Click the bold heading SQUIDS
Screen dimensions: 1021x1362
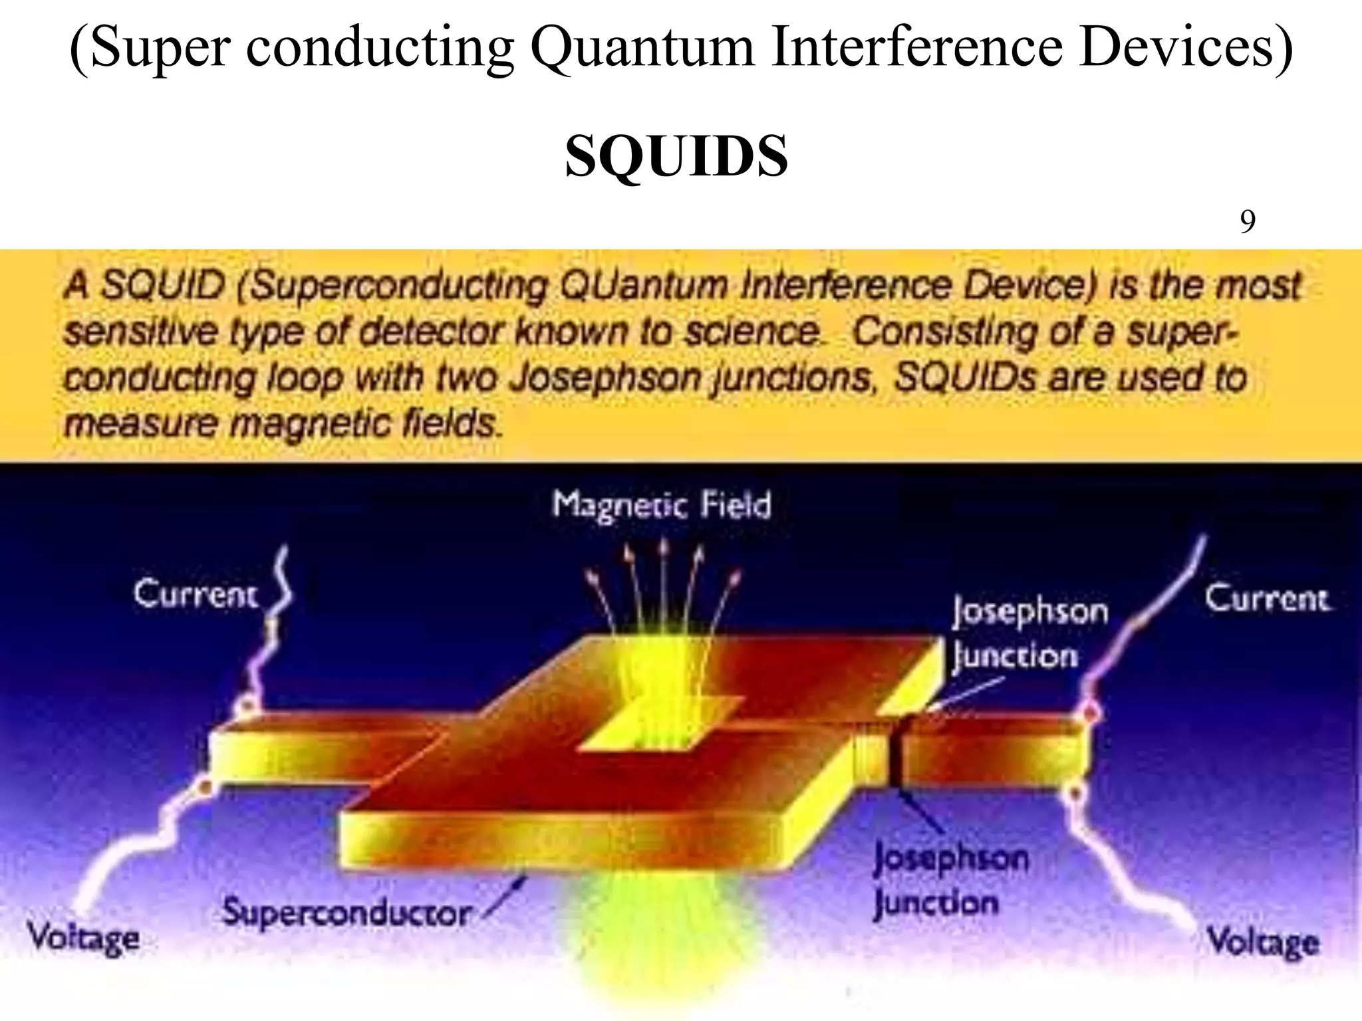coord(676,156)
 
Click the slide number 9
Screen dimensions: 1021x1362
coord(1248,221)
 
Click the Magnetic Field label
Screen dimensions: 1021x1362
coord(662,505)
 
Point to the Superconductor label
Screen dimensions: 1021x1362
coord(346,913)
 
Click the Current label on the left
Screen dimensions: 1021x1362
coord(195,594)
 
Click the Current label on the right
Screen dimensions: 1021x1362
coord(1267,598)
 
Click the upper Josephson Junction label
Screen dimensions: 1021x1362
coord(1029,633)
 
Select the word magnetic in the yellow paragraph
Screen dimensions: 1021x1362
coord(312,423)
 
